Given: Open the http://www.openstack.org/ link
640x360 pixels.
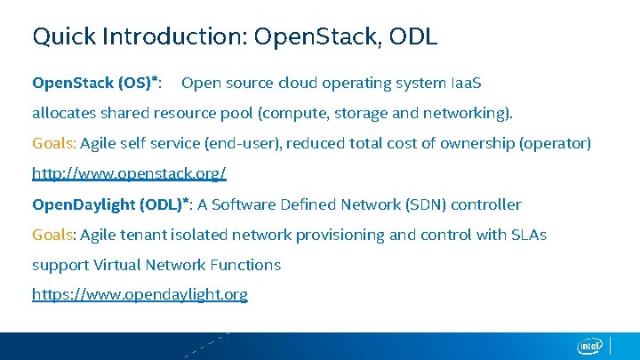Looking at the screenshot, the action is coord(129,173).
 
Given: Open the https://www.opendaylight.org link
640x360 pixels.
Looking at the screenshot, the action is coord(140,294).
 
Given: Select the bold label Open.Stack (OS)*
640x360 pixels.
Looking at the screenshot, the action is coord(96,83).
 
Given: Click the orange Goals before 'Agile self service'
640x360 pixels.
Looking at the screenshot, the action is coord(54,143).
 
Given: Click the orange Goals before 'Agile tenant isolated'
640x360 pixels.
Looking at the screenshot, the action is coord(54,235).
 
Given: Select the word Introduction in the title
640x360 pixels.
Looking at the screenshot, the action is coord(173,36).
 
